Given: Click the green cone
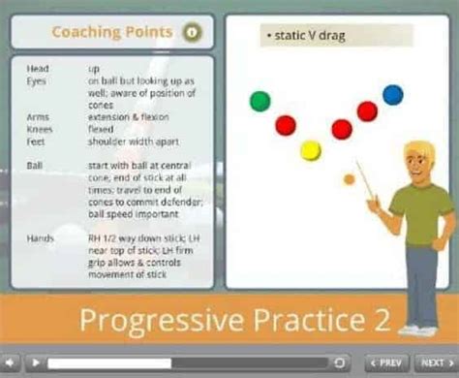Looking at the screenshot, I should [260, 101].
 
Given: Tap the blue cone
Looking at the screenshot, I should [392, 94].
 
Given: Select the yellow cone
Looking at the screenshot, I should [310, 150].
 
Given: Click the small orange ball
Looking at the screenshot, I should [349, 179].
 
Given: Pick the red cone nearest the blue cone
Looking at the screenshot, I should [367, 111].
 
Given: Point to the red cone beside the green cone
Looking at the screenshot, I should [286, 125].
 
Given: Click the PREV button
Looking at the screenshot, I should [385, 362].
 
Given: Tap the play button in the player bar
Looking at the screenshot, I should [36, 362].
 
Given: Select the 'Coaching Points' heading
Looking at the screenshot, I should [112, 33].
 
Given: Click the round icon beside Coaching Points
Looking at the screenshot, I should [192, 33].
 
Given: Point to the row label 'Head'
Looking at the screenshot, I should [40, 69].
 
